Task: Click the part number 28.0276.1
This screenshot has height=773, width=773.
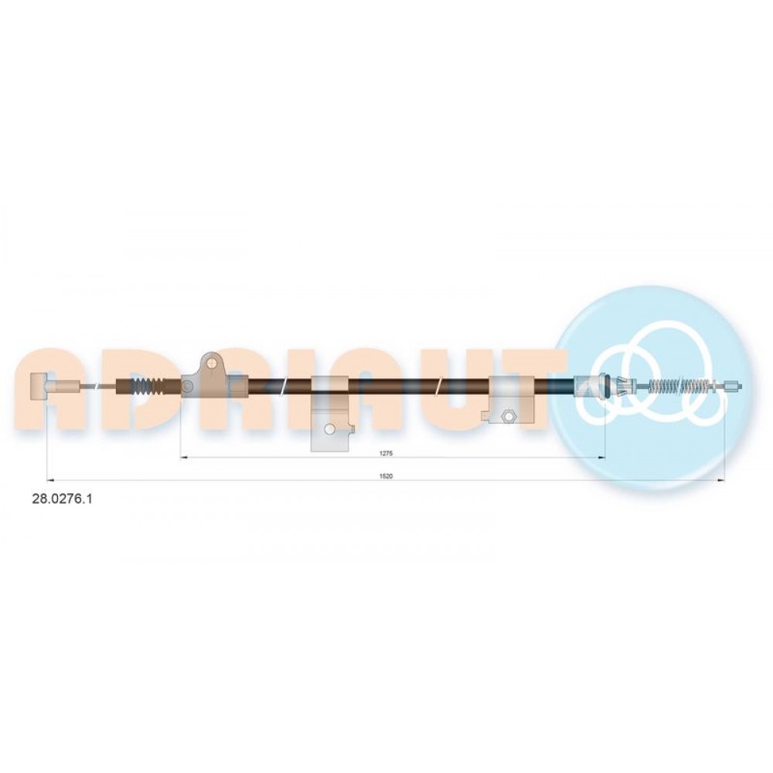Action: pyautogui.click(x=62, y=499)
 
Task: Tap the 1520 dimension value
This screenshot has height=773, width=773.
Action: pyautogui.click(x=386, y=475)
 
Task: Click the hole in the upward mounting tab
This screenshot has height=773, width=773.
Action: pyautogui.click(x=212, y=364)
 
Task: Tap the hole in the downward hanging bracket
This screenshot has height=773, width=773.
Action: pyautogui.click(x=330, y=429)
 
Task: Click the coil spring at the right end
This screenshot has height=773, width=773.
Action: pyautogui.click(x=680, y=386)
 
